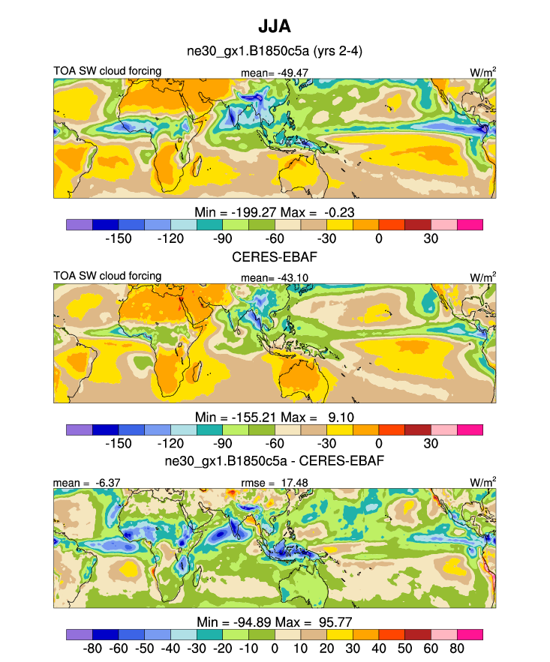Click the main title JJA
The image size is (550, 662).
(x=275, y=27)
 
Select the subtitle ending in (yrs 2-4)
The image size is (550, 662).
(x=275, y=52)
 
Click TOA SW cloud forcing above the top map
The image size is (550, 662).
(x=107, y=71)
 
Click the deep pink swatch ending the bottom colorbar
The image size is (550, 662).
(x=470, y=634)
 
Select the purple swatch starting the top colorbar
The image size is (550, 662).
(x=80, y=224)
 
